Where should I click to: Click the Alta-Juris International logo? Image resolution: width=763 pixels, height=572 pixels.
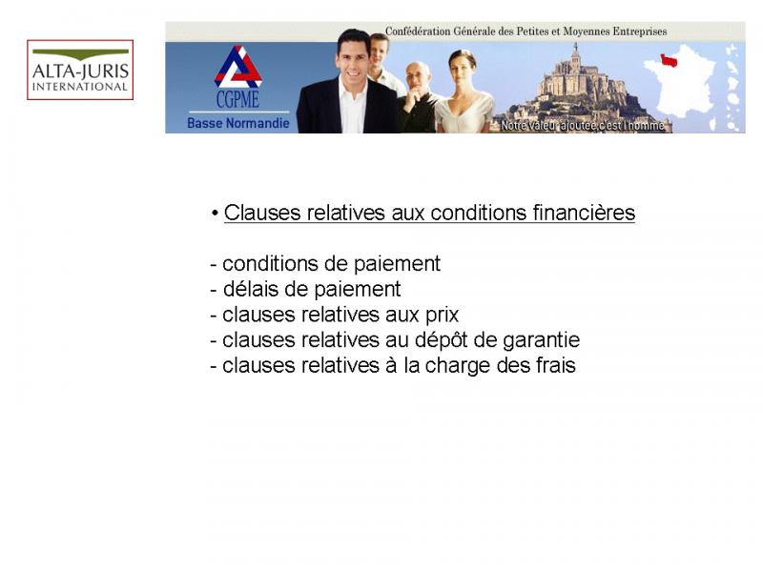(80, 70)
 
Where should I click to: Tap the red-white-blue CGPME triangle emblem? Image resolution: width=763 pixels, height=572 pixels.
(237, 67)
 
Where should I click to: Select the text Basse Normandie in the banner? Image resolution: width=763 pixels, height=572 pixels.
(237, 123)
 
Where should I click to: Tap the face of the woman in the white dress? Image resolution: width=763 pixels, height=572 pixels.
(462, 66)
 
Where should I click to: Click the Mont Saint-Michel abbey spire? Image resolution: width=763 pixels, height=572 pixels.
(576, 51)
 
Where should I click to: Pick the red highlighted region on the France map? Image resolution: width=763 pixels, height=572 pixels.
(670, 60)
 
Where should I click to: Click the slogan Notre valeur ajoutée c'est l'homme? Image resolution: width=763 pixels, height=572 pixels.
(583, 126)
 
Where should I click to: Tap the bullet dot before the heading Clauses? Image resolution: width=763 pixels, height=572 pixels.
(215, 213)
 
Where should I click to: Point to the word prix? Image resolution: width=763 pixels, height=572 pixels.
(443, 316)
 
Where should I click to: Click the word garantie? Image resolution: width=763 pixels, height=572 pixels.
(541, 340)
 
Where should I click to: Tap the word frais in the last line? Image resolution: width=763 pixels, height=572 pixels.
(556, 365)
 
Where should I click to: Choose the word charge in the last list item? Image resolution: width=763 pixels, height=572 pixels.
(458, 366)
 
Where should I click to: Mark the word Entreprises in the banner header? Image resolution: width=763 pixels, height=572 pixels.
(640, 31)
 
